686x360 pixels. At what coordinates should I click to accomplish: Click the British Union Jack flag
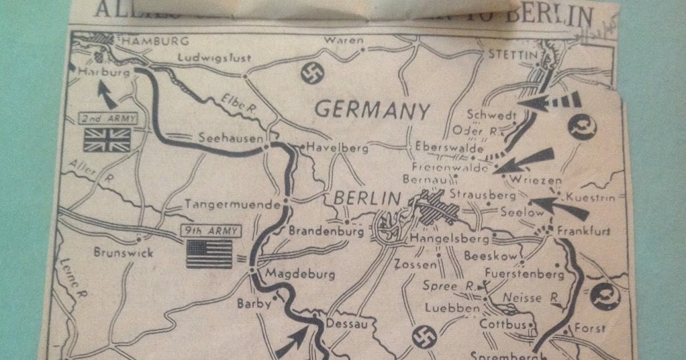(x=107, y=139)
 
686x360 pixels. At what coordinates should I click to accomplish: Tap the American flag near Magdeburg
(x=209, y=253)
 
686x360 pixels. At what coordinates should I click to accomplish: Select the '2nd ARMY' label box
(x=108, y=119)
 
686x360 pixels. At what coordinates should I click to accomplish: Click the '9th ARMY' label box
(x=210, y=231)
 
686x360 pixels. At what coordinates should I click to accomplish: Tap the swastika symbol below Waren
(x=313, y=73)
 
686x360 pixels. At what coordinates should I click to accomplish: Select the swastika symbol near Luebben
(x=424, y=337)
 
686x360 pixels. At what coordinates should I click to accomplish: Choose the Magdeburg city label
(x=300, y=275)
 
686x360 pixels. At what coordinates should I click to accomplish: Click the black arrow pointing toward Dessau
(x=294, y=340)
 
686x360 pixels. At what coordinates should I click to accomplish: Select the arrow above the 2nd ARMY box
(x=106, y=94)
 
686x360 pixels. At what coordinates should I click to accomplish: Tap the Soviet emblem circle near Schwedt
(x=582, y=127)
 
